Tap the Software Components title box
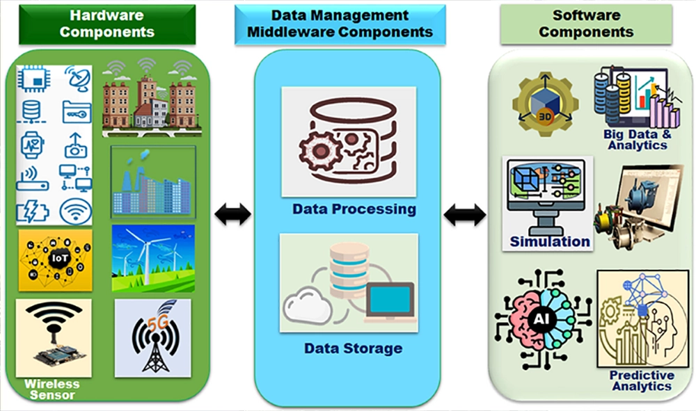586,22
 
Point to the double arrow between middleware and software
465,215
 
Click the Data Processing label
354,209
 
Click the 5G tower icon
152,337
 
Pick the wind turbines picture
152,257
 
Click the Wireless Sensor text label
52,389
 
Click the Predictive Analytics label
642,380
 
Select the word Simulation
550,242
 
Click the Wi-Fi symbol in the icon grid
76,211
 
